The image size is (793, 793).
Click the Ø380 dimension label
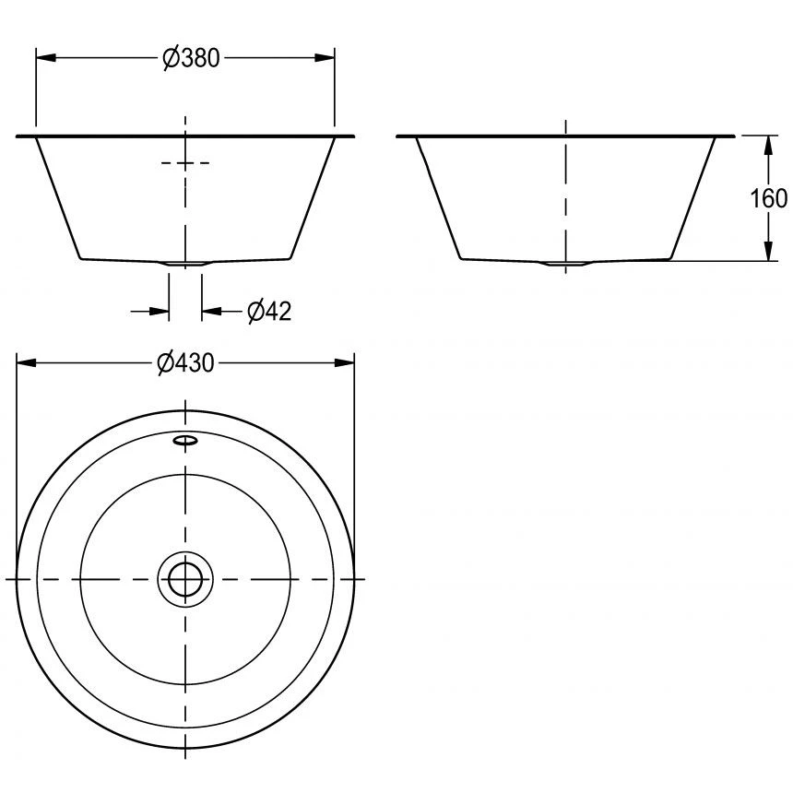point(191,58)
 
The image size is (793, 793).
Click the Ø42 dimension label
point(269,312)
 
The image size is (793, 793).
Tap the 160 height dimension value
point(769,198)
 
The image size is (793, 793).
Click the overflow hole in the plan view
point(184,441)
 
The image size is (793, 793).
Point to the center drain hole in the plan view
point(185,579)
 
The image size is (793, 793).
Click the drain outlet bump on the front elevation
point(185,265)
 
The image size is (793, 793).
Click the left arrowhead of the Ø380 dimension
point(44,58)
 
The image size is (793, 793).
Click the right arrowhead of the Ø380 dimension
point(326,58)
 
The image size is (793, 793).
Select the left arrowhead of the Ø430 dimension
point(26,363)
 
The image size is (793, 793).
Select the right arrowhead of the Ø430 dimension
point(347,363)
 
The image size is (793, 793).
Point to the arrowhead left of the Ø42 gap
point(161,312)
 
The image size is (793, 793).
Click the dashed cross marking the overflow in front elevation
point(185,163)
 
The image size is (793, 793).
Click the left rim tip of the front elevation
point(19,136)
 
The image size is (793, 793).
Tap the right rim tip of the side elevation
point(733,136)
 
